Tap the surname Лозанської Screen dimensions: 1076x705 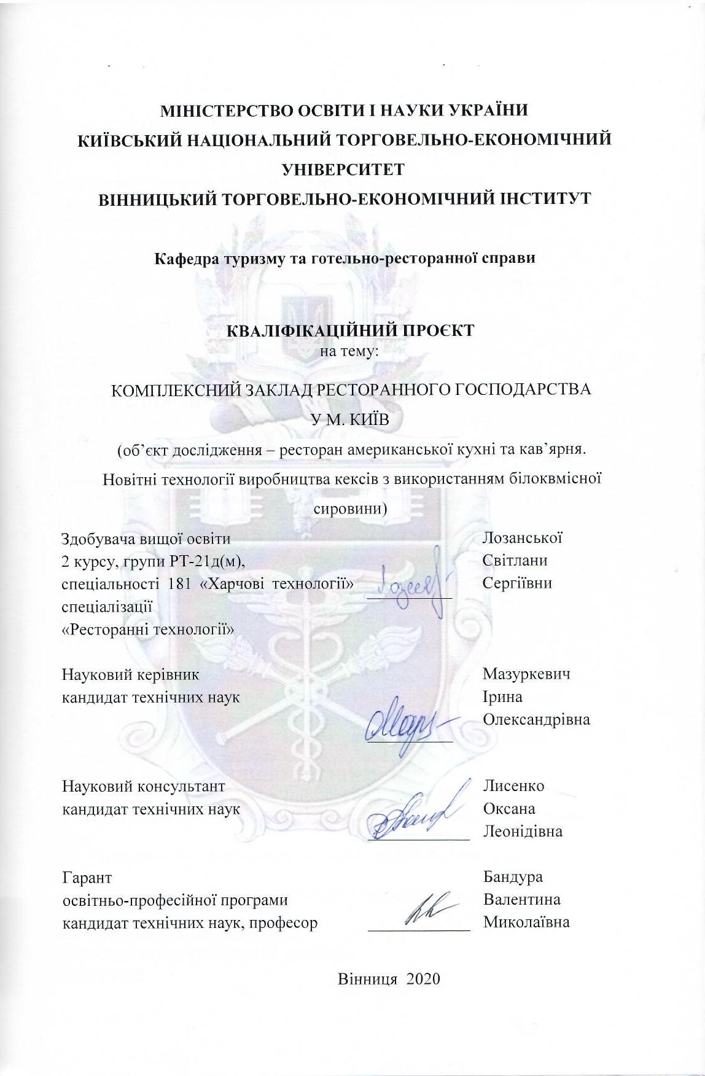coord(522,538)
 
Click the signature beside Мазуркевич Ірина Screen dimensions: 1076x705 coord(405,725)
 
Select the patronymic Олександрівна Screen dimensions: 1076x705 coord(536,719)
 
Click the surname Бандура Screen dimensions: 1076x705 coord(513,878)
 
